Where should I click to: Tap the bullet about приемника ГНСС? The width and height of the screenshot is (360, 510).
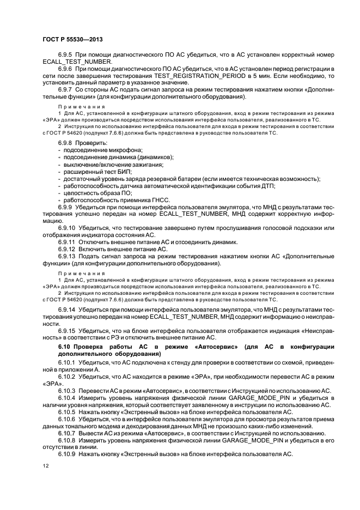(109, 202)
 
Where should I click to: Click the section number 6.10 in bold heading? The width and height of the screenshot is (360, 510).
(65, 347)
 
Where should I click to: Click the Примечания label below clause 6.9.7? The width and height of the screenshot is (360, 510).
(81, 106)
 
